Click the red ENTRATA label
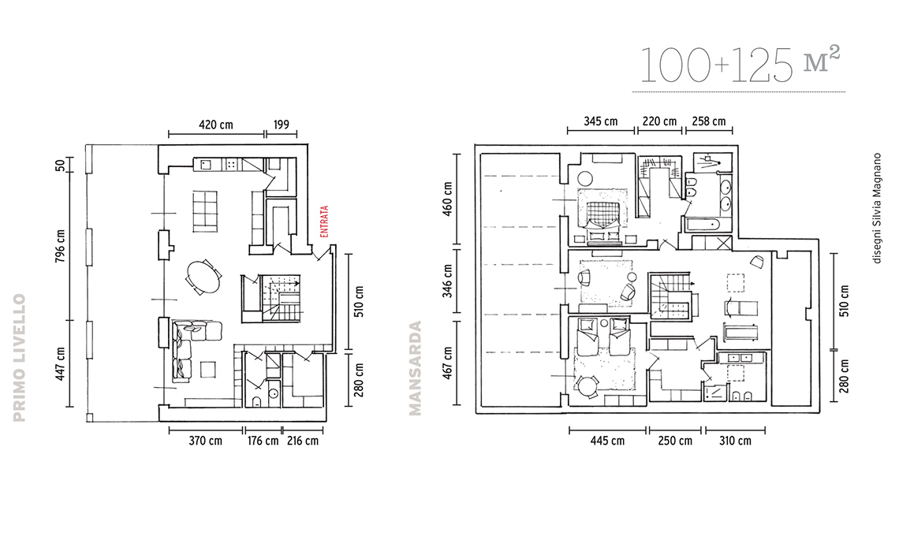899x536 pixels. [x=325, y=221]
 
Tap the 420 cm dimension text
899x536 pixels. [x=216, y=125]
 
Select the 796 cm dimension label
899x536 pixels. [x=60, y=246]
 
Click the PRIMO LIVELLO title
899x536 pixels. [x=20, y=358]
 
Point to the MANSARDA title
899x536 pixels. [x=415, y=367]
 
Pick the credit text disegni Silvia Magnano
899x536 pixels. [x=876, y=207]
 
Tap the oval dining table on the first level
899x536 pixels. [x=203, y=277]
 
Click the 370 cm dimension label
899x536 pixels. [x=205, y=441]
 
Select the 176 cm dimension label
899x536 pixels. [x=263, y=441]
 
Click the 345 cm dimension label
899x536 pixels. [x=601, y=121]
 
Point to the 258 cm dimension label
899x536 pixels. [x=709, y=121]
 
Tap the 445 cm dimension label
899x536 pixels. [x=608, y=441]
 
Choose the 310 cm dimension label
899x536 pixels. [x=735, y=441]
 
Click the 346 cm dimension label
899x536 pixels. [x=448, y=281]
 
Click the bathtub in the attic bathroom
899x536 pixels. [x=707, y=224]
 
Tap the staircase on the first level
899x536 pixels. [x=281, y=297]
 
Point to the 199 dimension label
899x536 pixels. [x=282, y=125]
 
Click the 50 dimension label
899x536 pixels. [x=60, y=166]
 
